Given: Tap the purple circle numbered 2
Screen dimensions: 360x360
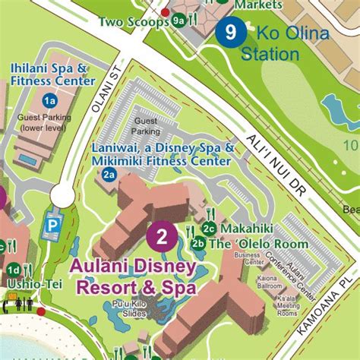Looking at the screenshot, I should click(x=162, y=235).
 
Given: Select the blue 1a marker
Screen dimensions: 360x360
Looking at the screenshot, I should click(x=50, y=100).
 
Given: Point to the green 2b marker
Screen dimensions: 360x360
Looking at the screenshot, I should click(x=198, y=244).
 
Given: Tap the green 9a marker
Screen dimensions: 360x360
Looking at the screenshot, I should click(x=178, y=21).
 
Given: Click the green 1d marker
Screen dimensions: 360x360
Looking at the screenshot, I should click(x=13, y=269).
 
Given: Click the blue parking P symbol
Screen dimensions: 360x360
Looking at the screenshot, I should click(x=53, y=225).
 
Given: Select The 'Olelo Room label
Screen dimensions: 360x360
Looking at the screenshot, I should click(x=258, y=244).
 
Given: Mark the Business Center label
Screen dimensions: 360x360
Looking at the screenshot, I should click(x=248, y=260).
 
